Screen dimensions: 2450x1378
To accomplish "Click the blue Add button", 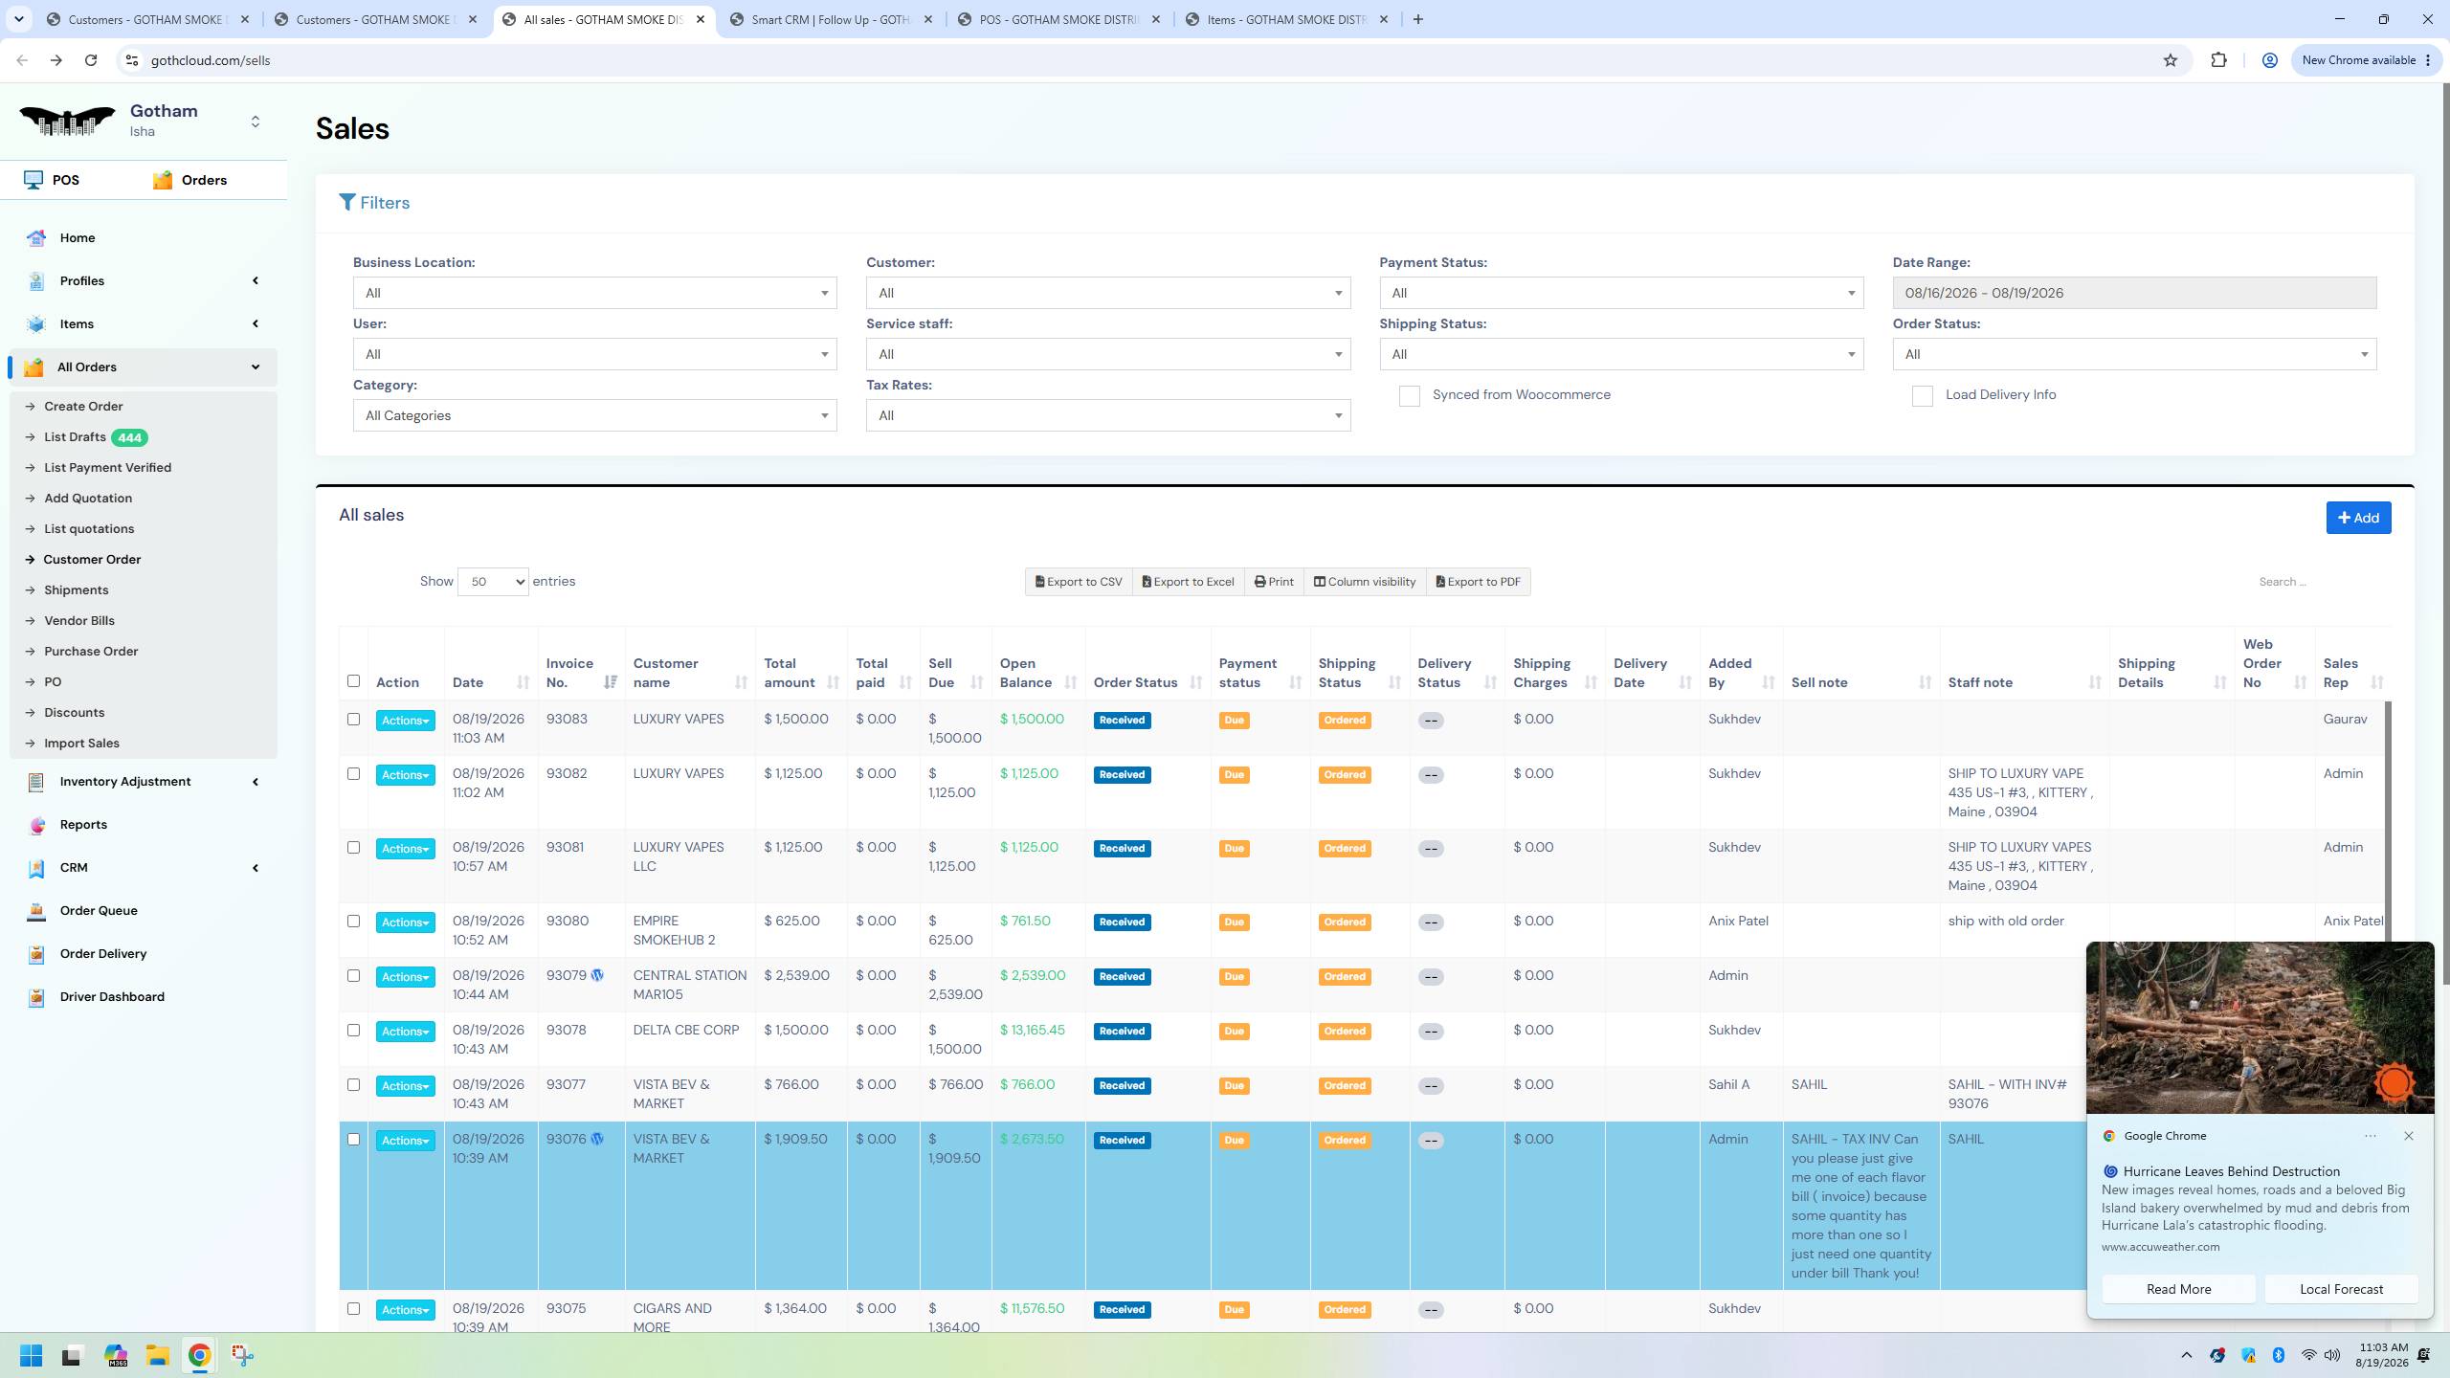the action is pyautogui.click(x=2358, y=518).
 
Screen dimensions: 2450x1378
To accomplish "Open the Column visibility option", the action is pyautogui.click(x=1364, y=582).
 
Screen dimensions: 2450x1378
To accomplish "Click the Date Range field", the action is pyautogui.click(x=2134, y=293).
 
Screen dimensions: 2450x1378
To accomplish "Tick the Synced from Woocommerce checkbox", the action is pyautogui.click(x=1409, y=396).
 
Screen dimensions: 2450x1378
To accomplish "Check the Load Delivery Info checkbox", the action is pyautogui.click(x=1922, y=396).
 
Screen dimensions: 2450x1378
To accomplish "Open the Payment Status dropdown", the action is pyautogui.click(x=1621, y=293).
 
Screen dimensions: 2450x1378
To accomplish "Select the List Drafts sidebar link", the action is pyautogui.click(x=75, y=437).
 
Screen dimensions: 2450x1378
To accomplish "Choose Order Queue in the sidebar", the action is pyautogui.click(x=99, y=910).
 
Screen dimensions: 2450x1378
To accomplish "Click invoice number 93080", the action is pyautogui.click(x=568, y=921).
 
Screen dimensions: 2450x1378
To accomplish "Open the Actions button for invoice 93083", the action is pyautogui.click(x=405, y=721).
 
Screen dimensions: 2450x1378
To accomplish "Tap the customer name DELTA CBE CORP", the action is pyautogui.click(x=686, y=1030).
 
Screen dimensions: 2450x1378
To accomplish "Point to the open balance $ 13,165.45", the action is pyautogui.click(x=1033, y=1030).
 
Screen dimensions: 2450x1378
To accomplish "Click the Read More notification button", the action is pyautogui.click(x=2178, y=1289).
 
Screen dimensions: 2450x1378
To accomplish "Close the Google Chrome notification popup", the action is pyautogui.click(x=2409, y=1136).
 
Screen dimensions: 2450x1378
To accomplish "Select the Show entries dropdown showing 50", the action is pyautogui.click(x=493, y=582).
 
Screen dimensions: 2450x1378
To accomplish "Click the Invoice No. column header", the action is pyautogui.click(x=570, y=673).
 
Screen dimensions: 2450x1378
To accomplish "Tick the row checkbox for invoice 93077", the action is pyautogui.click(x=353, y=1085).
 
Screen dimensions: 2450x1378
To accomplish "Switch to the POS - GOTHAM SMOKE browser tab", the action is pyautogui.click(x=1059, y=19).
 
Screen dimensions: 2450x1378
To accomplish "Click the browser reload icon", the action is pyautogui.click(x=91, y=60).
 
